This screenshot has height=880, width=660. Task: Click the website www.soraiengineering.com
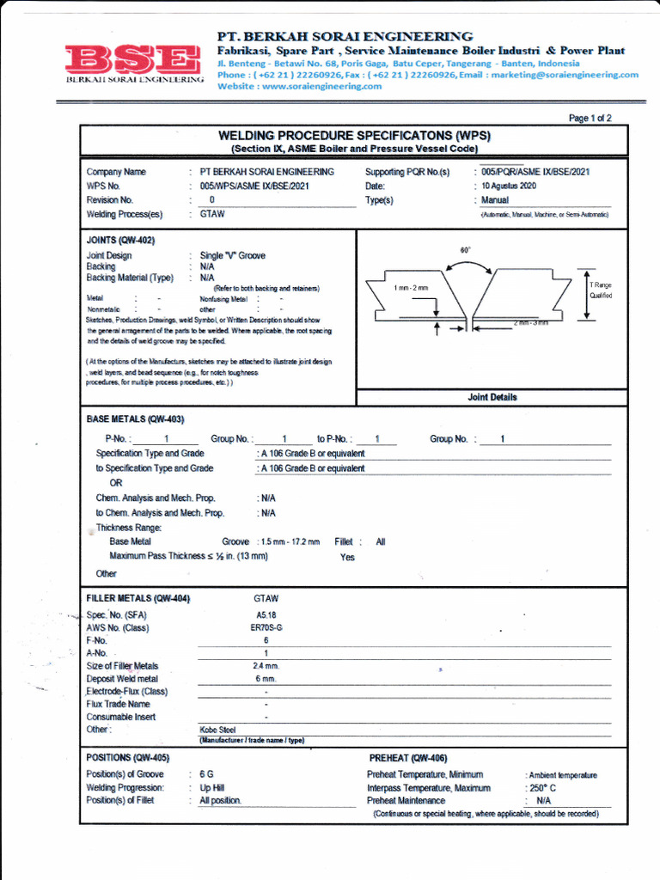coord(300,86)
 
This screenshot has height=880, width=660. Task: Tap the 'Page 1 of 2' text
coord(590,119)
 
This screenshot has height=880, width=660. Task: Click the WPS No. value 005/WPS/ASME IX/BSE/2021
coord(254,186)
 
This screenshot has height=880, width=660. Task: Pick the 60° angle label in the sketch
coord(466,250)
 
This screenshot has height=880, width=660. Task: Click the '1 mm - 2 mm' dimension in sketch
coord(411,288)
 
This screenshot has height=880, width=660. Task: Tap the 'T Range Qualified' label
coord(601,290)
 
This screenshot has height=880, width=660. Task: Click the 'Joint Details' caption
coord(492,397)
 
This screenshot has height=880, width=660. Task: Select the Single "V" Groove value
coord(232,256)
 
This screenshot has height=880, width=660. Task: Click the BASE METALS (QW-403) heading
coord(136,419)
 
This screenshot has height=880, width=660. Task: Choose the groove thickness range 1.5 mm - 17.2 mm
coord(290,542)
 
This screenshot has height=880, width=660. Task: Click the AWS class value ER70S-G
coord(266,628)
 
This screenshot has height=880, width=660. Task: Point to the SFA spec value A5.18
coord(266,615)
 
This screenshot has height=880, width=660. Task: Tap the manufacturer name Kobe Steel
coord(217,730)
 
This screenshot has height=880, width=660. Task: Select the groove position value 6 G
coord(207,775)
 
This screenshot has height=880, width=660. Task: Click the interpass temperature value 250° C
coord(541,788)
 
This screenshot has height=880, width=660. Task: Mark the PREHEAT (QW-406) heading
coord(408,758)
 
